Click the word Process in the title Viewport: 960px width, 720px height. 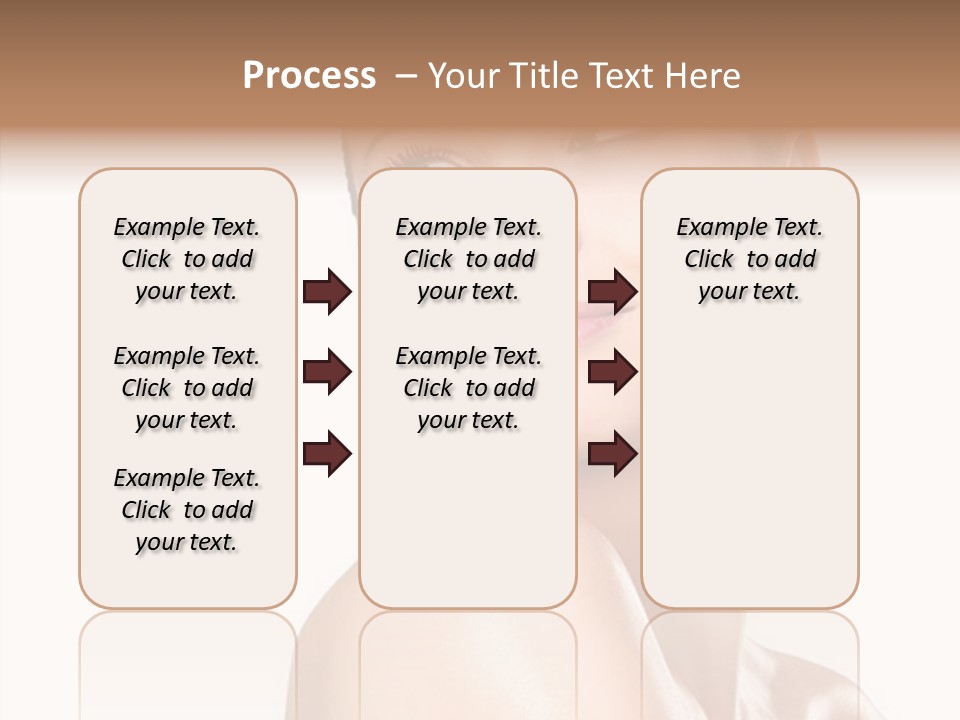(309, 76)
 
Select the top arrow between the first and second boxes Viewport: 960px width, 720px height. (327, 292)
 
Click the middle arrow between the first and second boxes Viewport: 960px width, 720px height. (327, 373)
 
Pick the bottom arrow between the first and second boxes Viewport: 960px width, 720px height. (327, 455)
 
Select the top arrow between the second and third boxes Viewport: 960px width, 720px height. (612, 292)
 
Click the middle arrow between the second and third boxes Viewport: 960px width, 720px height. (612, 373)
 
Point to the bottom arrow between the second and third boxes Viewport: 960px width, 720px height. (612, 455)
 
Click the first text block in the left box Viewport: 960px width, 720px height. (187, 259)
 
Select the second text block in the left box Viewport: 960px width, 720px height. (187, 388)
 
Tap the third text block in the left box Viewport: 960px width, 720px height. (187, 510)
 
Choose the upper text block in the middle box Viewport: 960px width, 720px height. (468, 259)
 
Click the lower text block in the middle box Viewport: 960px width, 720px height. (468, 388)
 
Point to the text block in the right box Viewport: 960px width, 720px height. (750, 259)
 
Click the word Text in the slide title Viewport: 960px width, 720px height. (627, 76)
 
